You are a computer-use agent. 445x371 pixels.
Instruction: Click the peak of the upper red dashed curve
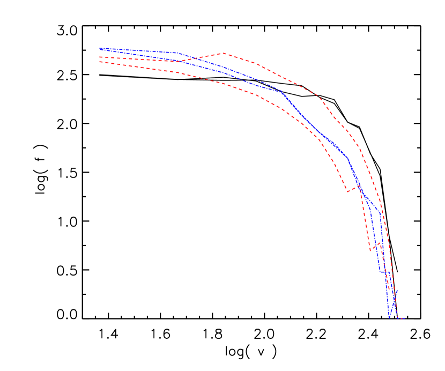[223, 53]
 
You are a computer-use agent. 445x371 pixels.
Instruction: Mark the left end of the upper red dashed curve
[100, 57]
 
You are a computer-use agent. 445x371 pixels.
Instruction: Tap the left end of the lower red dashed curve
[100, 62]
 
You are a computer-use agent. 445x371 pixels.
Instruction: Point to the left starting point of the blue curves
[100, 49]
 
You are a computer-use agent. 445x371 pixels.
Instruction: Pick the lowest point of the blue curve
[389, 318]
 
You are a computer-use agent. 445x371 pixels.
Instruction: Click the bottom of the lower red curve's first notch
[347, 191]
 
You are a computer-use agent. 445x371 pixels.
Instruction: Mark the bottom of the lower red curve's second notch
[370, 250]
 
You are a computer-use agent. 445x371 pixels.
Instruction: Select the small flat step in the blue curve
[383, 272]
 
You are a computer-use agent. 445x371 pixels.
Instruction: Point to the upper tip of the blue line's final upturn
[397, 290]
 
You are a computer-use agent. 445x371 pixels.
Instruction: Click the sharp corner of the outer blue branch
[381, 214]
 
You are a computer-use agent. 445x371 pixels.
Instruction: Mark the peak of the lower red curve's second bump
[380, 242]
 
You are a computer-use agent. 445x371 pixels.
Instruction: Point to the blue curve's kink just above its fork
[348, 158]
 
